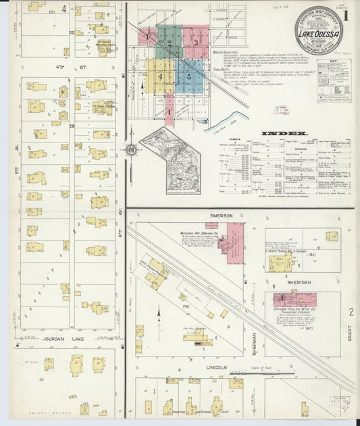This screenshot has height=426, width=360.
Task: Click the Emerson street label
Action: pyautogui.click(x=221, y=215)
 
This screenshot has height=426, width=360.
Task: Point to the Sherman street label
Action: pyautogui.click(x=255, y=344)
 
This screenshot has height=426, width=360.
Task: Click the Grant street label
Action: pyautogui.click(x=350, y=331)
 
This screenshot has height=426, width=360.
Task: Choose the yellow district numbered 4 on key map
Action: pyautogui.click(x=160, y=77)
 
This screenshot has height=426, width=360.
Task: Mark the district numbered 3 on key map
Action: pyautogui.click(x=196, y=42)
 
